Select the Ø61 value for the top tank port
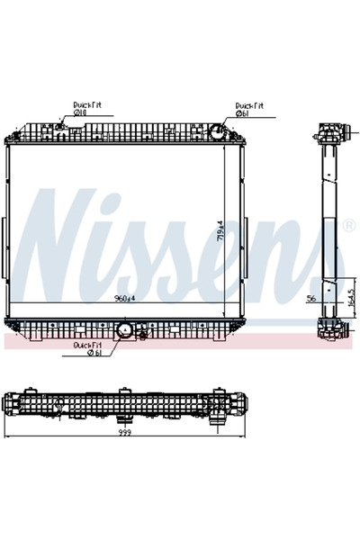(x=242, y=114)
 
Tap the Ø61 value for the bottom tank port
(x=94, y=352)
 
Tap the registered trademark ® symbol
(x=347, y=224)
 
